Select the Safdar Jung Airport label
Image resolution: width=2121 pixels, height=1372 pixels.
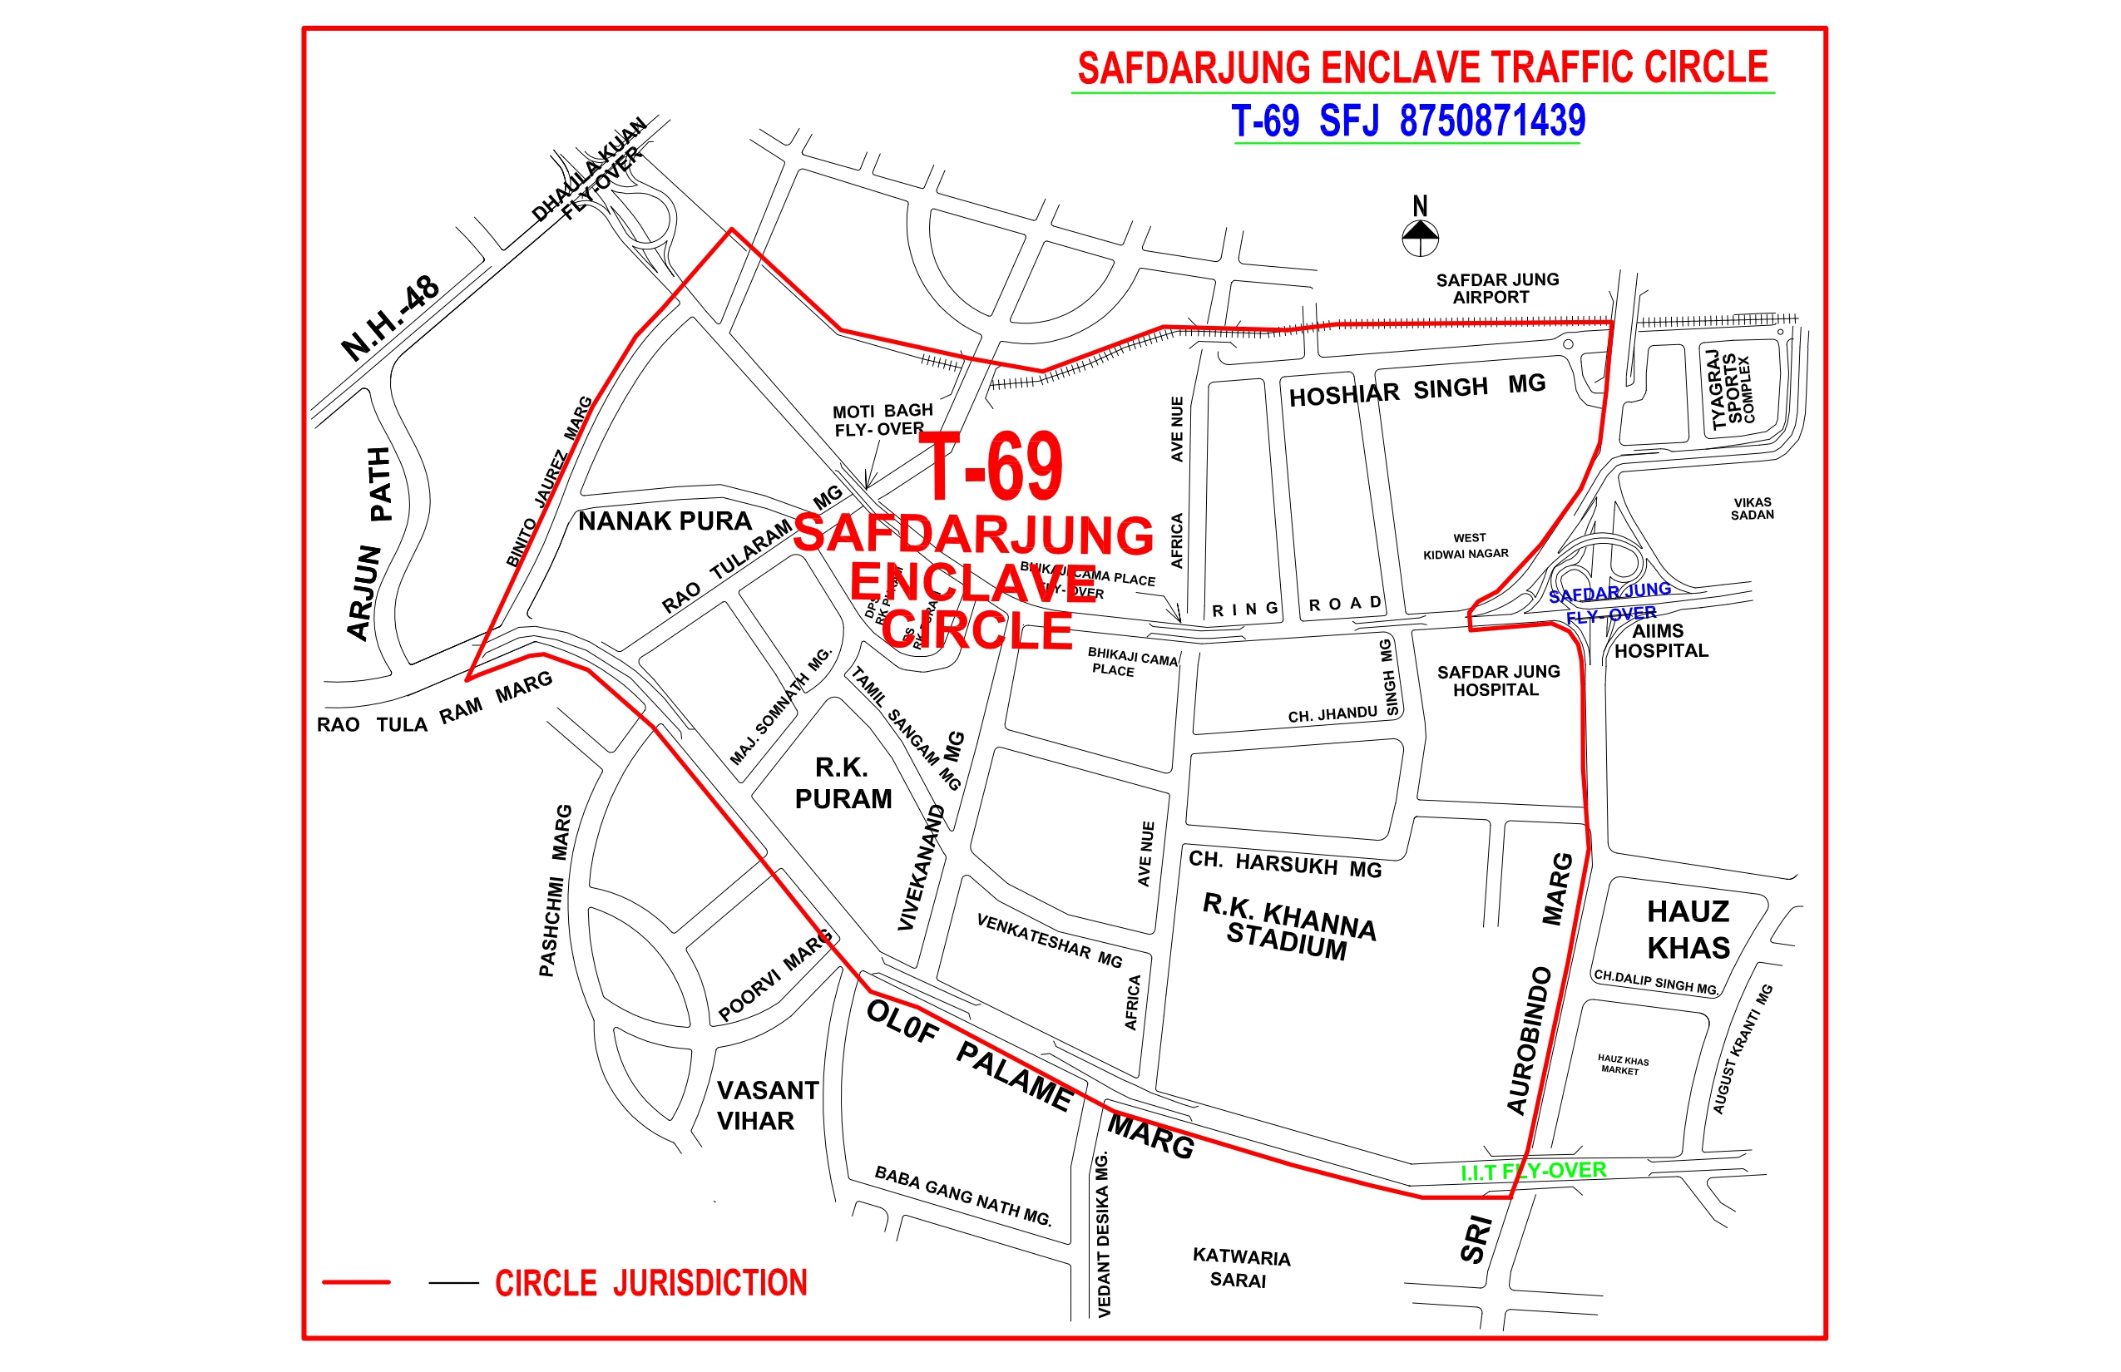(x=1496, y=289)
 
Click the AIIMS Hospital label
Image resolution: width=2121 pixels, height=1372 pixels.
(x=1660, y=641)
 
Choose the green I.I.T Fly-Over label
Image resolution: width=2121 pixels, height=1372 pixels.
(x=1533, y=1172)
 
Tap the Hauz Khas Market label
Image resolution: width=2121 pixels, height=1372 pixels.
(x=1622, y=1064)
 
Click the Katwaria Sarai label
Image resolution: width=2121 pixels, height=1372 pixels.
(x=1240, y=1268)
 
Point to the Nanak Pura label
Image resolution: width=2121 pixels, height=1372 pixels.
(x=665, y=521)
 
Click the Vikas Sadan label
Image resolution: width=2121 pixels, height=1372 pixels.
(x=1751, y=509)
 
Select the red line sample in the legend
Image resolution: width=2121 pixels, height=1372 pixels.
(x=356, y=1282)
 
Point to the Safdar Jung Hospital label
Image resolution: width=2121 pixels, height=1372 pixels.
(x=1497, y=681)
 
